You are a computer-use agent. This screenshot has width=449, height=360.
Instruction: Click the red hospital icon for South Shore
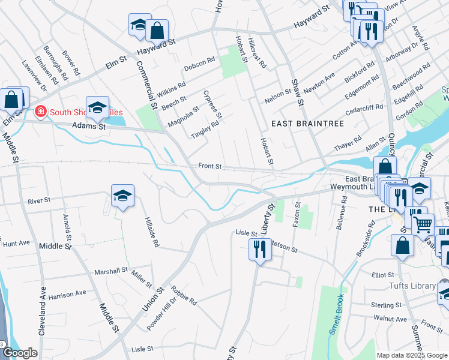(x=40, y=112)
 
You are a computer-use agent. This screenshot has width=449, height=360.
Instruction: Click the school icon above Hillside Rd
(x=122, y=196)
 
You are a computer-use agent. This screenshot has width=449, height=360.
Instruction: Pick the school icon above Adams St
(x=97, y=107)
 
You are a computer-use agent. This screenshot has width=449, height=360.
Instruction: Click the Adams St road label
(x=88, y=127)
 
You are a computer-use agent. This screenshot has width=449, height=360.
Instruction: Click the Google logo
(x=20, y=353)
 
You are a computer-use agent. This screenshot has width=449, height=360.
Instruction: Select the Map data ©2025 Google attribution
(x=411, y=355)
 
